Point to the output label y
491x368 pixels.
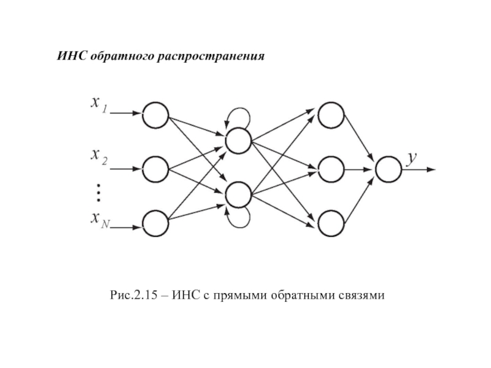pyautogui.click(x=413, y=158)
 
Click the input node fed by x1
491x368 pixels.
pyautogui.click(x=155, y=113)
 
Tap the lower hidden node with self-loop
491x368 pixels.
pyautogui.click(x=238, y=195)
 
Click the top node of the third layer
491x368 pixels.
pyautogui.click(x=331, y=113)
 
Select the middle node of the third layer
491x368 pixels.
pyautogui.click(x=331, y=168)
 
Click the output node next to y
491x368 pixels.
pyautogui.click(x=389, y=168)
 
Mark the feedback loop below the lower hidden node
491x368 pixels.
pyautogui.click(x=238, y=219)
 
